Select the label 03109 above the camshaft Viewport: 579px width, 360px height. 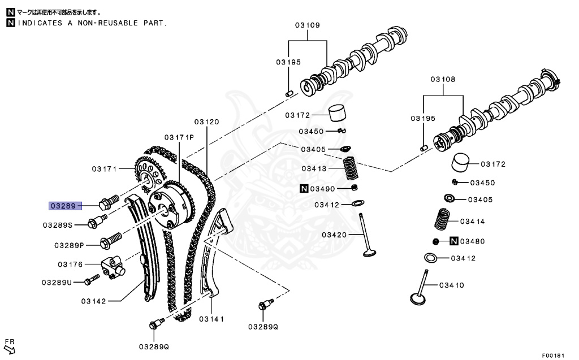point(307,25)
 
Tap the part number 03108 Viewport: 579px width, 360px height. point(443,80)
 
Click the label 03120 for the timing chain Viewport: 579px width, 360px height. point(206,122)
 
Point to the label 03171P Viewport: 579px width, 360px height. point(179,137)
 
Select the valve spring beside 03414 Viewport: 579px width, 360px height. point(443,220)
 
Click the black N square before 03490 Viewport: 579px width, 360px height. point(304,188)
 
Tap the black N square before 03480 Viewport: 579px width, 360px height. point(453,241)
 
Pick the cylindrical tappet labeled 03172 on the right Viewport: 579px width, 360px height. point(463,163)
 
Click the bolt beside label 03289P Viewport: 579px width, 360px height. point(109,241)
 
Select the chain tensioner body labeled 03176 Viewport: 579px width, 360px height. point(113,266)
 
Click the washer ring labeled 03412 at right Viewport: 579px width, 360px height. point(431,258)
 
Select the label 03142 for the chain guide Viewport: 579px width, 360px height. point(93,301)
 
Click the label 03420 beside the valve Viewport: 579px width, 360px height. point(334,235)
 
